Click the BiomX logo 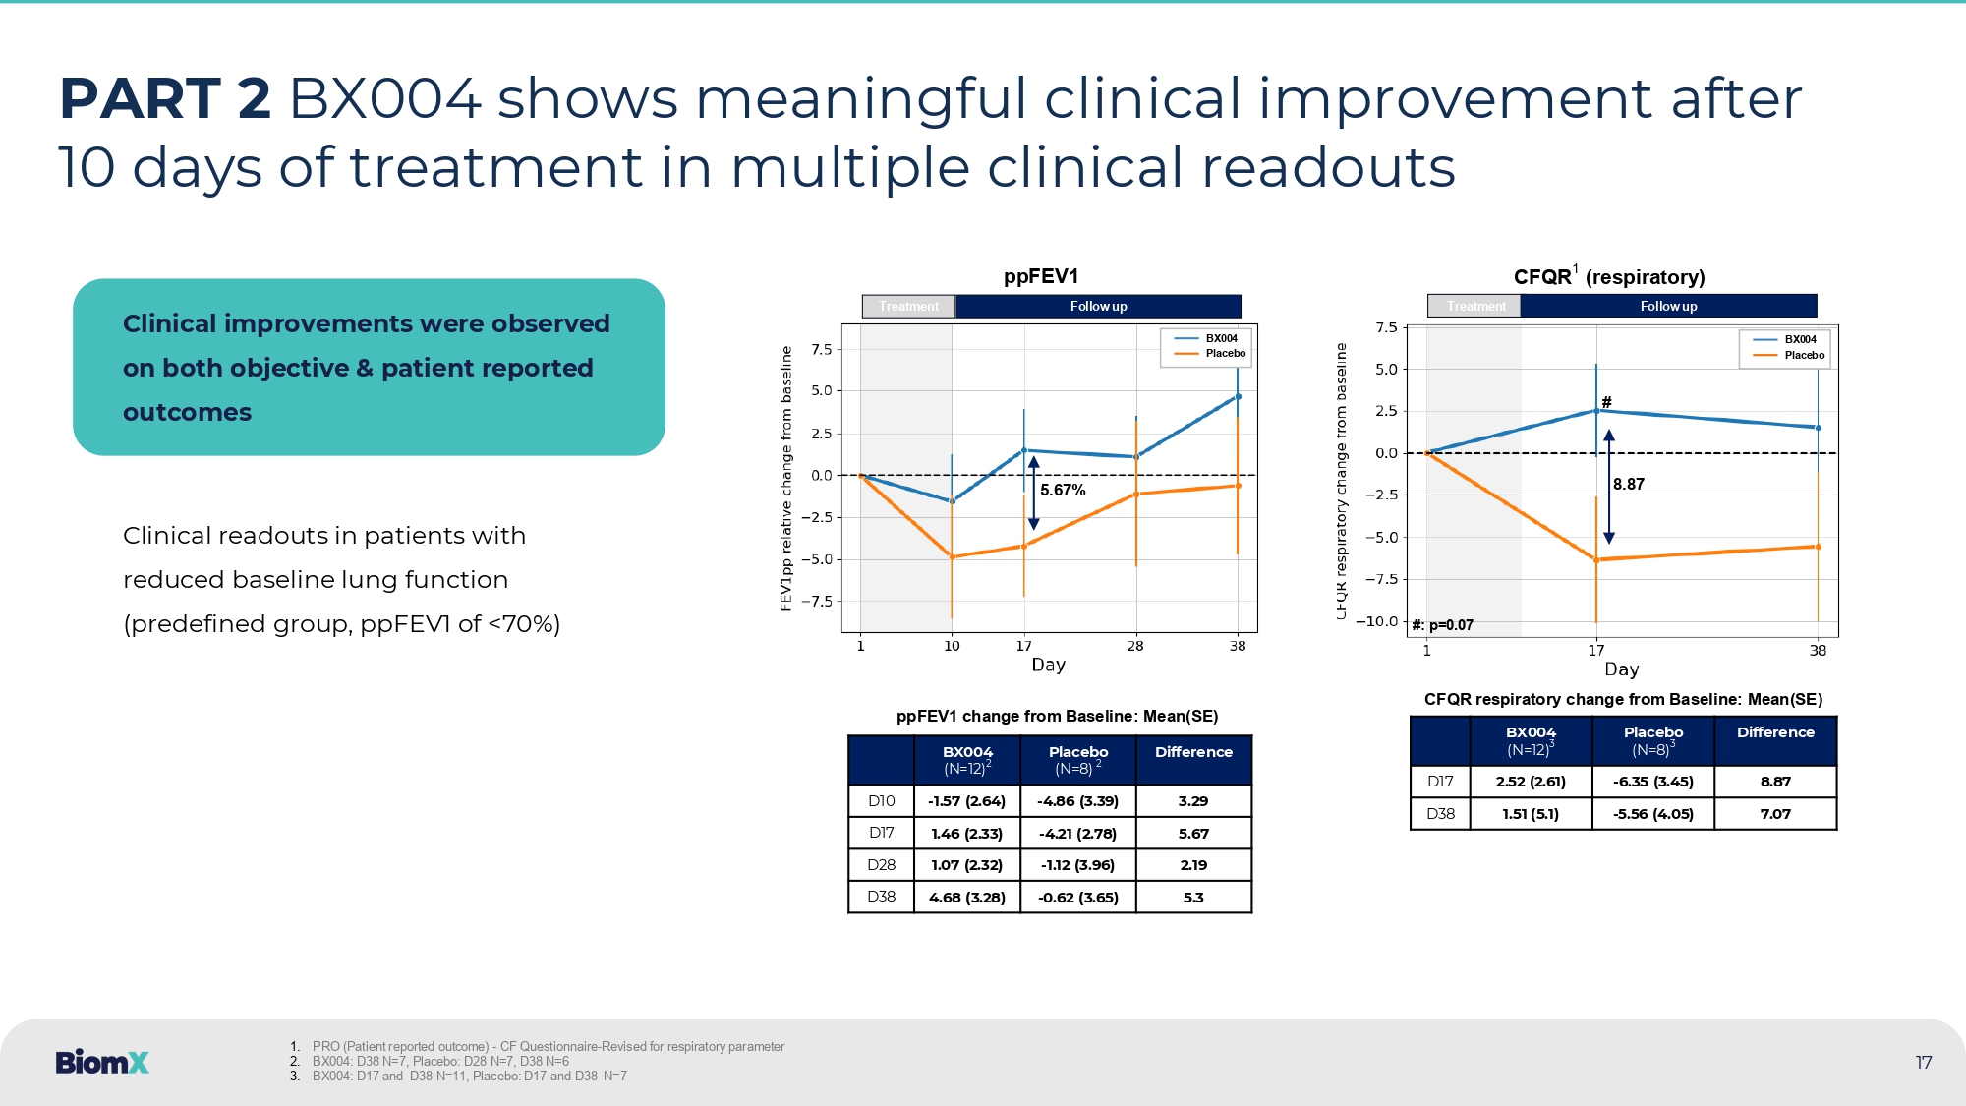102,1062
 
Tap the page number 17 1923,1063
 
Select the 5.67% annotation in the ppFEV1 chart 1063,490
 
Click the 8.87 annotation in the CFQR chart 1628,484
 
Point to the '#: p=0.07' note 1442,625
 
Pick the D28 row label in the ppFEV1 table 881,865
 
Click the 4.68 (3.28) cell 967,898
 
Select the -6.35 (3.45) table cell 1652,782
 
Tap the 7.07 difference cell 1775,814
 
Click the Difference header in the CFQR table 1775,732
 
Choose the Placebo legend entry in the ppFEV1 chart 1225,354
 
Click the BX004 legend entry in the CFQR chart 1800,339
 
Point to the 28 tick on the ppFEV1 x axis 1135,646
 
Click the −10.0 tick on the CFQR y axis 1376,621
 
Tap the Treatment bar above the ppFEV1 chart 908,307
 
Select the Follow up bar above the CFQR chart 1668,307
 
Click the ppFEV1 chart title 1040,276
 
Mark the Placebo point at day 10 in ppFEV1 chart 952,557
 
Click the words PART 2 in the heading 165,99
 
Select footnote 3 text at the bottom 469,1077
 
